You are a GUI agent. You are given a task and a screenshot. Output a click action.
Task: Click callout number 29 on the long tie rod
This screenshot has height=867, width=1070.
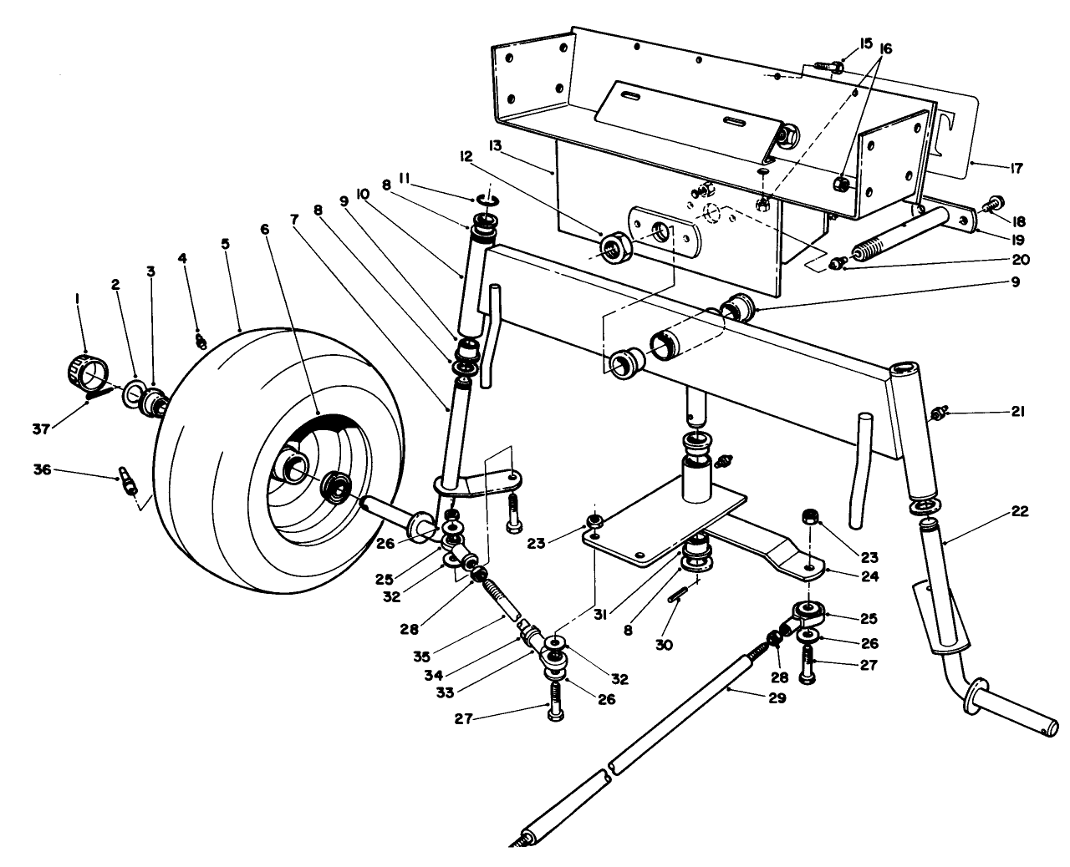(x=778, y=698)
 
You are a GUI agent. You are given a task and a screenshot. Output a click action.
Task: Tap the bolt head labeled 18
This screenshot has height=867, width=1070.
(x=994, y=201)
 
